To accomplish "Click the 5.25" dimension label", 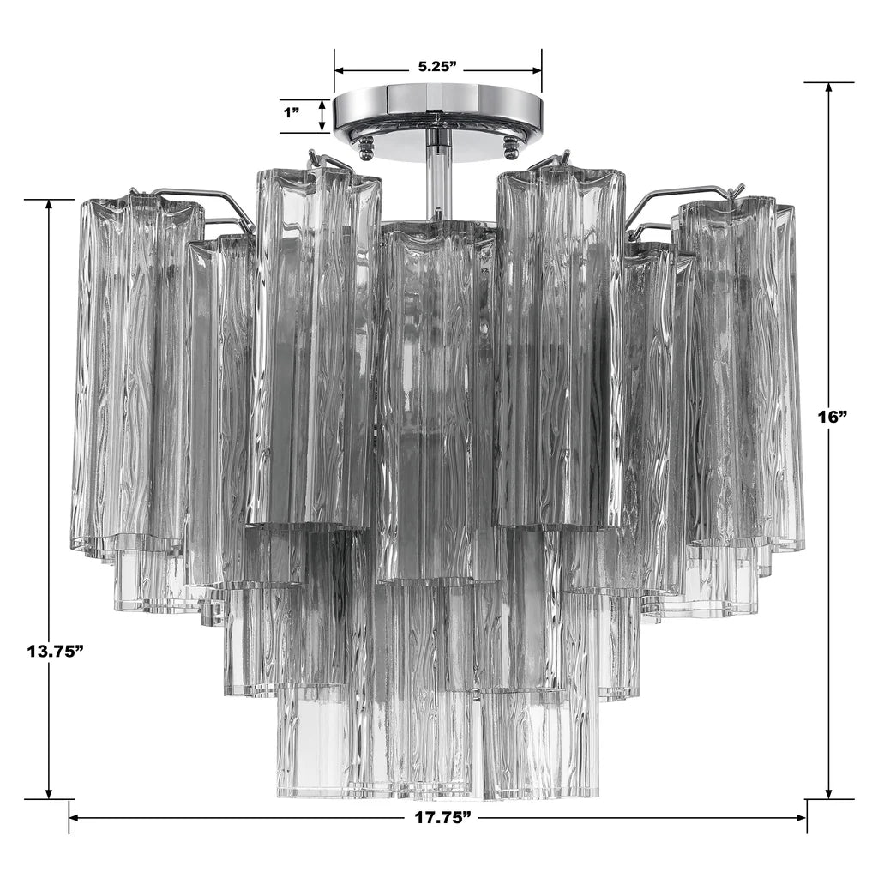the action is [x=437, y=67].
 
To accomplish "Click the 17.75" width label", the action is [x=442, y=817].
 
